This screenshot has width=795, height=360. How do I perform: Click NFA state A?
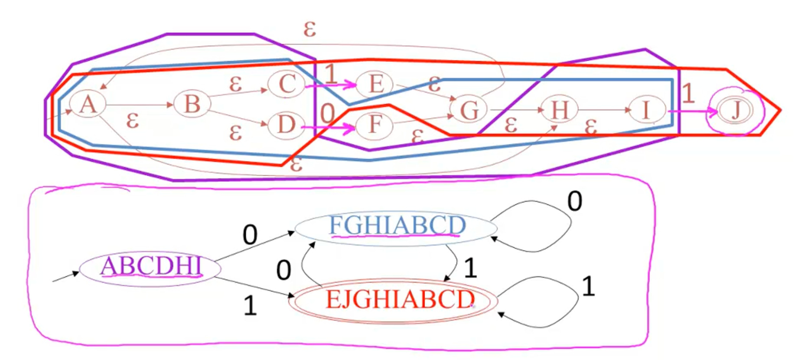click(x=88, y=104)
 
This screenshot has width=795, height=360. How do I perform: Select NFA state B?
click(x=192, y=104)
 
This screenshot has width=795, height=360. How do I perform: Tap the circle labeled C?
click(x=286, y=84)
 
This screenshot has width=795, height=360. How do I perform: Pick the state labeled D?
click(x=286, y=124)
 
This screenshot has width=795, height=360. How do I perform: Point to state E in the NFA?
click(x=375, y=84)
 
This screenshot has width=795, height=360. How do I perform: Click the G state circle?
click(x=469, y=110)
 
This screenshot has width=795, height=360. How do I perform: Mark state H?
click(x=559, y=110)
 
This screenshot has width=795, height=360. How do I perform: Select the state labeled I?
click(x=646, y=110)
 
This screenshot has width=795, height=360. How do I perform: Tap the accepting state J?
click(x=735, y=111)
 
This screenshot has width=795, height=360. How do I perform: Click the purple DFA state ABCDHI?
click(x=151, y=266)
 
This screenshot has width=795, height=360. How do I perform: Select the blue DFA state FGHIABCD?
click(x=396, y=226)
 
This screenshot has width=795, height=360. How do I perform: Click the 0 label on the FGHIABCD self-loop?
click(x=575, y=201)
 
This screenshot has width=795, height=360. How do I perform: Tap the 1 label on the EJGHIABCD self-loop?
click(x=588, y=287)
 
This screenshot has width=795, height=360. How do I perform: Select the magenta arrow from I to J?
click(x=692, y=112)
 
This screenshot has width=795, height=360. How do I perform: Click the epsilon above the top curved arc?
click(x=310, y=29)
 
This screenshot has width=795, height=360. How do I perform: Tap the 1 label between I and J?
click(x=688, y=93)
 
